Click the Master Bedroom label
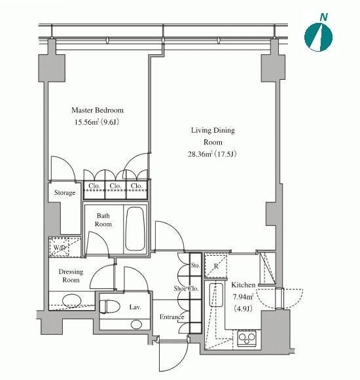click(x=98, y=111)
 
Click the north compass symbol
click(x=318, y=37)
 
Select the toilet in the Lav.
click(x=110, y=307)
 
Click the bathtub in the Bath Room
click(x=135, y=228)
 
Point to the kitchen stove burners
click(x=247, y=337)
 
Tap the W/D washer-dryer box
click(x=59, y=247)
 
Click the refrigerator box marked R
click(x=216, y=266)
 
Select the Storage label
click(x=65, y=193)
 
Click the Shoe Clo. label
click(x=186, y=288)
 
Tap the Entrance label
click(x=171, y=317)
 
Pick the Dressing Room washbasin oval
click(x=71, y=301)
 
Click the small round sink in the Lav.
click(x=136, y=324)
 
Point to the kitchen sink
click(x=216, y=295)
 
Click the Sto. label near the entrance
click(x=195, y=266)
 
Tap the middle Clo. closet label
click(x=115, y=186)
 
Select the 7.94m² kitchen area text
click(x=243, y=297)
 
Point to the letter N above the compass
click(x=323, y=17)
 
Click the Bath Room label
click(x=103, y=220)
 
